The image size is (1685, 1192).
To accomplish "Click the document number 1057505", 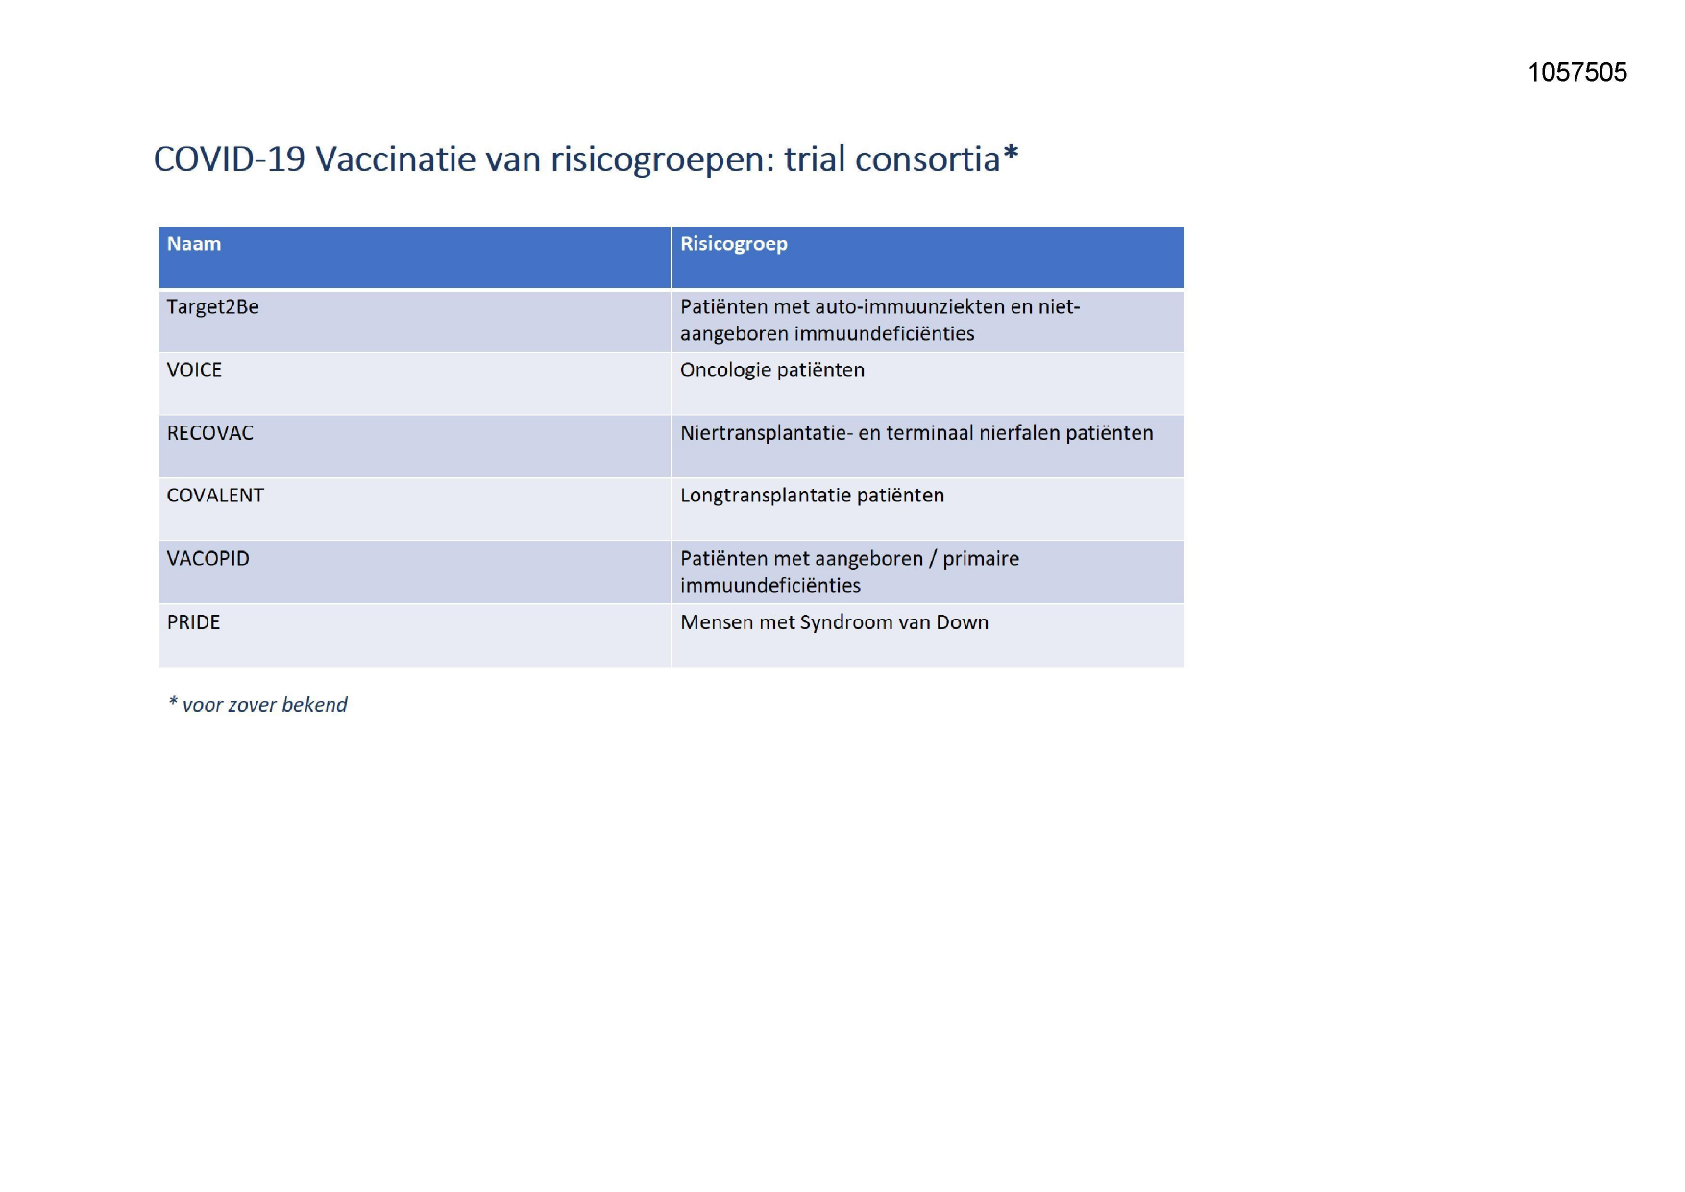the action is point(1577,72).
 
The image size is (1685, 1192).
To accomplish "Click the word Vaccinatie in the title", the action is point(396,158).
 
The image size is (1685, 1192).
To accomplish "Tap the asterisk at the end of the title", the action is point(1011,154).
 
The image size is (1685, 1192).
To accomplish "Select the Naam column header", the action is point(194,244).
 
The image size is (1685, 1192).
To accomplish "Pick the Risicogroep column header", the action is point(734,244).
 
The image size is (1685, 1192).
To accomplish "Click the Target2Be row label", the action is point(213,307).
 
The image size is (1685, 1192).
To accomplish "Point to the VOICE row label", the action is point(194,370).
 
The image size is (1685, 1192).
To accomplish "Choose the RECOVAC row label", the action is point(210,433).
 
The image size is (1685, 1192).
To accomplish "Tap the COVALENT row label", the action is point(215,496).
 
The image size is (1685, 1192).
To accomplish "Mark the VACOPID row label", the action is point(208,559).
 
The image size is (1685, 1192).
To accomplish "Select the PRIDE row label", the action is point(194,622).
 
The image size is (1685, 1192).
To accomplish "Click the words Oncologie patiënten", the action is point(772,371).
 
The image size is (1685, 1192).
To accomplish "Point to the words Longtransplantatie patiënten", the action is point(813,496).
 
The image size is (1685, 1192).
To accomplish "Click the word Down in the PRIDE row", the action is point(963,622).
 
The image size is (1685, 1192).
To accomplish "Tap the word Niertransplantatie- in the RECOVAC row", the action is point(767,433).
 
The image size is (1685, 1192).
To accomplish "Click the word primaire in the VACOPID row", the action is point(981,559).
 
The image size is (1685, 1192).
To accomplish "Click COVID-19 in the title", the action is point(230,158).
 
